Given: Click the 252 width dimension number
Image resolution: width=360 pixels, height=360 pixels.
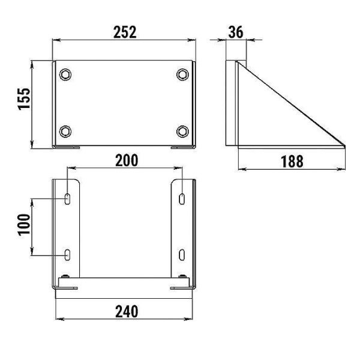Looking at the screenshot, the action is pyautogui.click(x=125, y=32).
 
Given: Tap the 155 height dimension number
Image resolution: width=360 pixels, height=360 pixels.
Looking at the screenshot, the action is pyautogui.click(x=24, y=99).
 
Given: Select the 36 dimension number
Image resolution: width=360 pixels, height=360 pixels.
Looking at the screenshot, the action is pyautogui.click(x=236, y=32).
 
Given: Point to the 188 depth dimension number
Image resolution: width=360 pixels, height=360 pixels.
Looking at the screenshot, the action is pyautogui.click(x=292, y=161).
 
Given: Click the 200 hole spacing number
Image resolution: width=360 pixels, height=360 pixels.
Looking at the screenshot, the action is pyautogui.click(x=127, y=160).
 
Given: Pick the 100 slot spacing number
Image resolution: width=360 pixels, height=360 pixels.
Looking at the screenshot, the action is pyautogui.click(x=24, y=224).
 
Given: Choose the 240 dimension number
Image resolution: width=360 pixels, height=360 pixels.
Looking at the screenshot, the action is pyautogui.click(x=127, y=311).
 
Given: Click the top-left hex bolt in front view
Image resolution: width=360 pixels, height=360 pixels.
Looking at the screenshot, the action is pyautogui.click(x=65, y=74).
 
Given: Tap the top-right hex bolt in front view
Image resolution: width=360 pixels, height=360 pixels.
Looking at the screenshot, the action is pyautogui.click(x=182, y=74).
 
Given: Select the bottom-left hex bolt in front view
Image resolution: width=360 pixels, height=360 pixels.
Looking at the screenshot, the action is pyautogui.click(x=65, y=131).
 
